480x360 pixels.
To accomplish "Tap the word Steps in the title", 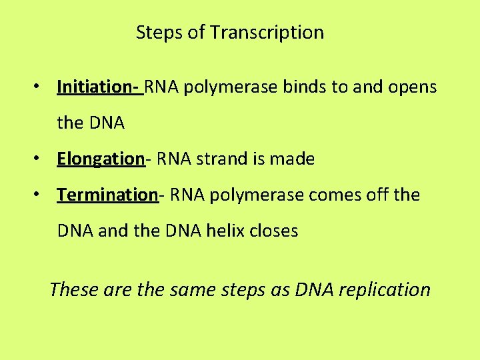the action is (x=157, y=33).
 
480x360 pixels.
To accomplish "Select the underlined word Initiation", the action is (x=95, y=87).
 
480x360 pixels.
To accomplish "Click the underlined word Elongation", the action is (x=100, y=159).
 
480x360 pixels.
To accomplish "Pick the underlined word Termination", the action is (x=107, y=195).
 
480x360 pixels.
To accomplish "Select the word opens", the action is (x=414, y=87).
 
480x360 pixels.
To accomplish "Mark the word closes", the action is (x=273, y=231).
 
